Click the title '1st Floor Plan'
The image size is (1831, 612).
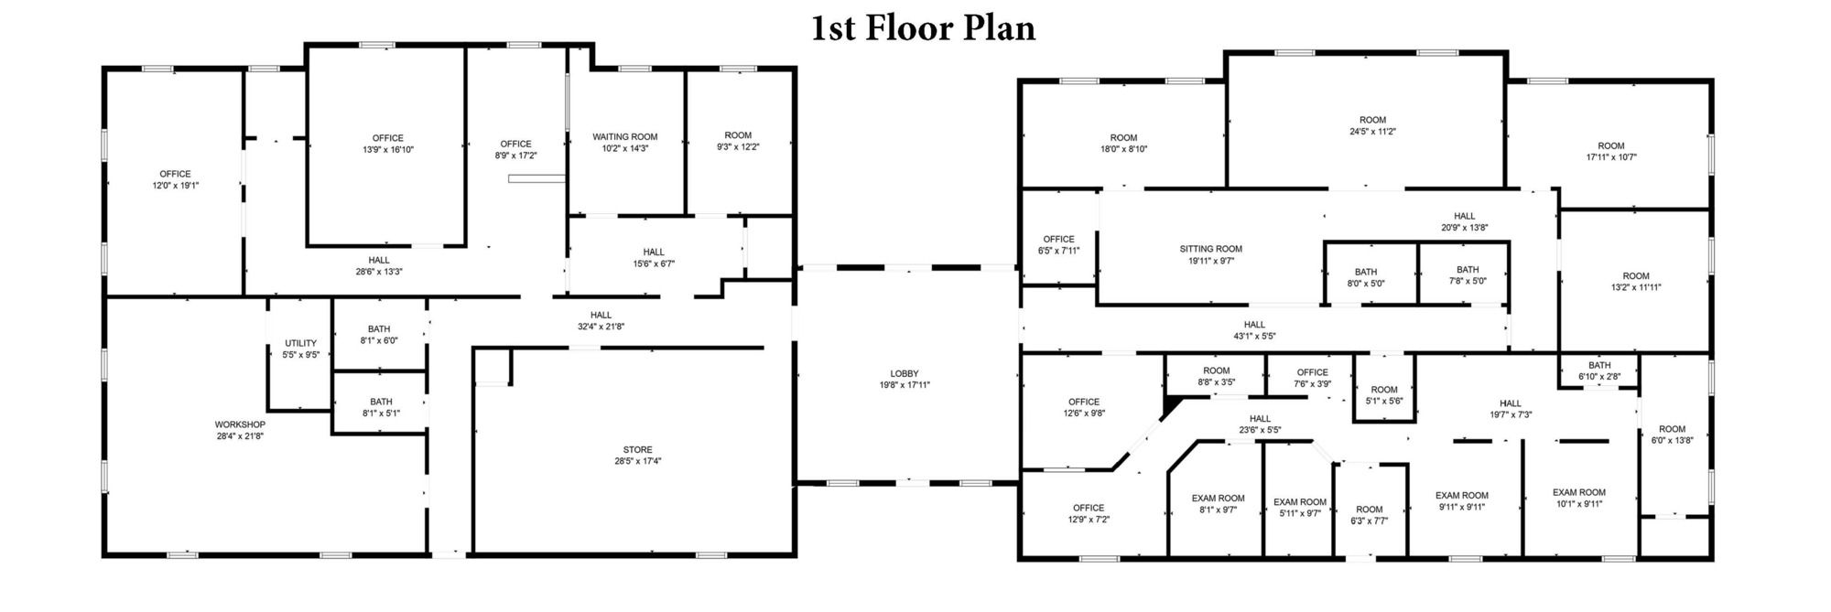[923, 28]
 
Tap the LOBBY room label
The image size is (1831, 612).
[905, 373]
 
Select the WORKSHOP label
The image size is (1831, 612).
[240, 424]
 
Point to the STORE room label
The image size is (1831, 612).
[638, 449]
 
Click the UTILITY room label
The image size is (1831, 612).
[300, 343]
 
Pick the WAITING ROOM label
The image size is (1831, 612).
[625, 137]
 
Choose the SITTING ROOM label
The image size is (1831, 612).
[1211, 249]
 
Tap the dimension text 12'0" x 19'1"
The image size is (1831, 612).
[176, 186]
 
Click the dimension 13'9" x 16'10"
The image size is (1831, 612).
[388, 150]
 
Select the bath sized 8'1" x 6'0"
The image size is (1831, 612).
[379, 335]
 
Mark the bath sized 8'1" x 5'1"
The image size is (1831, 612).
[381, 407]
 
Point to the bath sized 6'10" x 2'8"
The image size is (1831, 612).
[1599, 370]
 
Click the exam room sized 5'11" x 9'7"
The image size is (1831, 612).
[1300, 508]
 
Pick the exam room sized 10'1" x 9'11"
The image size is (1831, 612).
[1579, 498]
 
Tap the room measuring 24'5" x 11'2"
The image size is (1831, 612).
[1372, 125]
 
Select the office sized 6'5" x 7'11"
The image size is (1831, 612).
[1059, 245]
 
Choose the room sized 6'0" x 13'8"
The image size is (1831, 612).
[1672, 435]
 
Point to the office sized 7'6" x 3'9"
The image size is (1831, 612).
[1312, 378]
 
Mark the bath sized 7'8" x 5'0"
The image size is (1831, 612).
[1468, 275]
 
